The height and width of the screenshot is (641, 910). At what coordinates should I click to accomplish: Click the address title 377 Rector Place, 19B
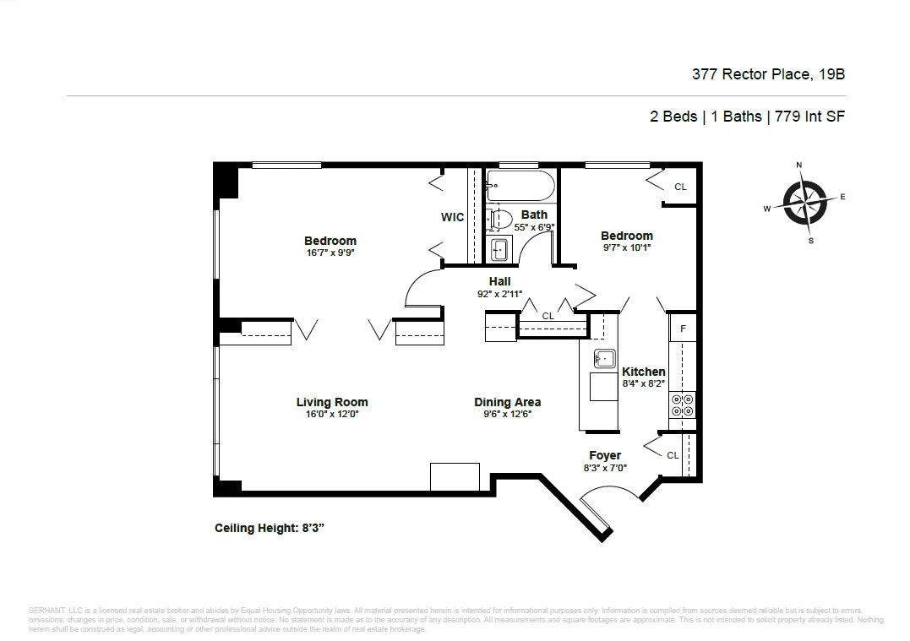(768, 74)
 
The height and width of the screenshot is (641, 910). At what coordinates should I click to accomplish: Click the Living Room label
(331, 402)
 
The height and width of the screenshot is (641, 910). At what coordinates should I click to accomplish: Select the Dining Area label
(507, 402)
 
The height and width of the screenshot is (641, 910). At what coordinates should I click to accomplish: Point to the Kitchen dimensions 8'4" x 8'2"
(644, 383)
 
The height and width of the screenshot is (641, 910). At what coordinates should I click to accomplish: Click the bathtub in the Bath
(520, 185)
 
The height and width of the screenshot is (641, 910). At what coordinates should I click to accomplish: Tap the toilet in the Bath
(499, 220)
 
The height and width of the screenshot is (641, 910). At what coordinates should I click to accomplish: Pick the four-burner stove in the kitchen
(682, 406)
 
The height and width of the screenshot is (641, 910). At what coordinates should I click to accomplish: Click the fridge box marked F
(683, 327)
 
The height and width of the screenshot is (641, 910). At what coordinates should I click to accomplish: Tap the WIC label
(452, 217)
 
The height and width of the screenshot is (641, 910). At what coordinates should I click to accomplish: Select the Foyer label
(605, 455)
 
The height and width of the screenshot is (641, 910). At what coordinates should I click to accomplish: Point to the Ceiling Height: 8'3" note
(270, 529)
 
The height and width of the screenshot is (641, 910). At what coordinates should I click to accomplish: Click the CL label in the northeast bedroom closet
(680, 187)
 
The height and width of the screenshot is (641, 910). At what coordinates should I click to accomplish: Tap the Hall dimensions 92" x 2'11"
(499, 294)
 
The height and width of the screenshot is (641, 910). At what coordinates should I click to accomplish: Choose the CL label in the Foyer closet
(673, 455)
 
